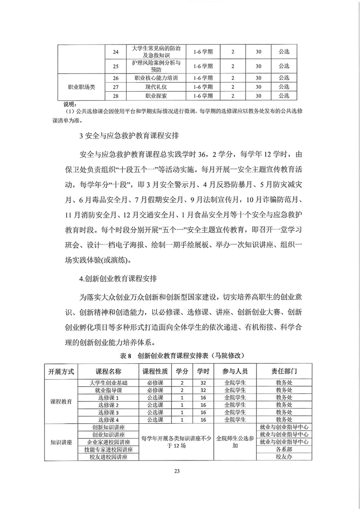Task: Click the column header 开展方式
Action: pyautogui.click(x=61, y=371)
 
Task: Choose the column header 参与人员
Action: pyautogui.click(x=235, y=371)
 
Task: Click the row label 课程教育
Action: pyautogui.click(x=61, y=401)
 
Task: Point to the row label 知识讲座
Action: pyautogui.click(x=61, y=442)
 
